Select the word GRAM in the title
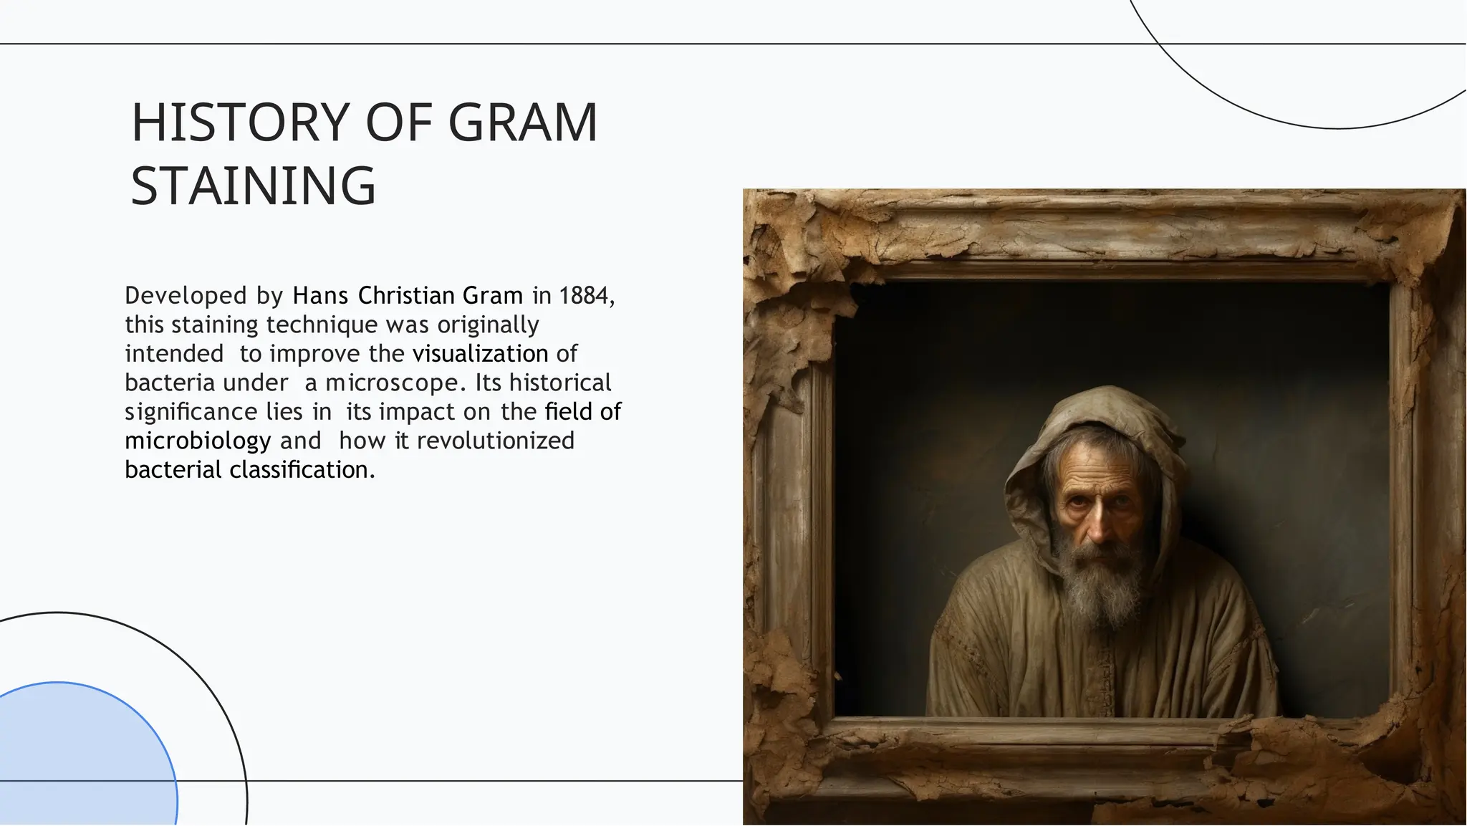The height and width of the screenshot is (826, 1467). pyautogui.click(x=522, y=123)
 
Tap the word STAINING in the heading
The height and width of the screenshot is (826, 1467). pyautogui.click(x=253, y=186)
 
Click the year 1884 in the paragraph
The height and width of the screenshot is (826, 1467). pyautogui.click(x=583, y=296)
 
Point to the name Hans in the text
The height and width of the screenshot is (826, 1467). pyautogui.click(x=320, y=296)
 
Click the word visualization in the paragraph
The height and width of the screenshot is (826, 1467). pyautogui.click(x=480, y=354)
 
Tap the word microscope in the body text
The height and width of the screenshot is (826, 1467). pyautogui.click(x=391, y=383)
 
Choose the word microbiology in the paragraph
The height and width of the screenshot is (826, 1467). pyautogui.click(x=198, y=441)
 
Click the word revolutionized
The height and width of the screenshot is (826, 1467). pyautogui.click(x=495, y=441)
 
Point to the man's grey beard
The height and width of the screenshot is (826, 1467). pyautogui.click(x=1096, y=584)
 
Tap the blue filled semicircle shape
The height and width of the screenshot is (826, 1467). pyautogui.click(x=79, y=759)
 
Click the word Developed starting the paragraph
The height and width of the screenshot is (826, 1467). pyautogui.click(x=186, y=296)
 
